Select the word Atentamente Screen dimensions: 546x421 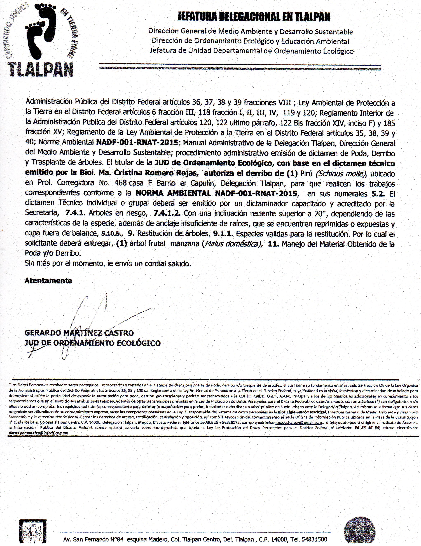[x=48, y=280]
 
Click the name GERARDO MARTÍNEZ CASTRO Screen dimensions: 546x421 [x=79, y=333]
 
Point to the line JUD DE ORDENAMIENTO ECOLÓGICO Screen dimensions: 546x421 [x=92, y=343]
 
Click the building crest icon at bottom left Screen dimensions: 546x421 [x=33, y=533]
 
